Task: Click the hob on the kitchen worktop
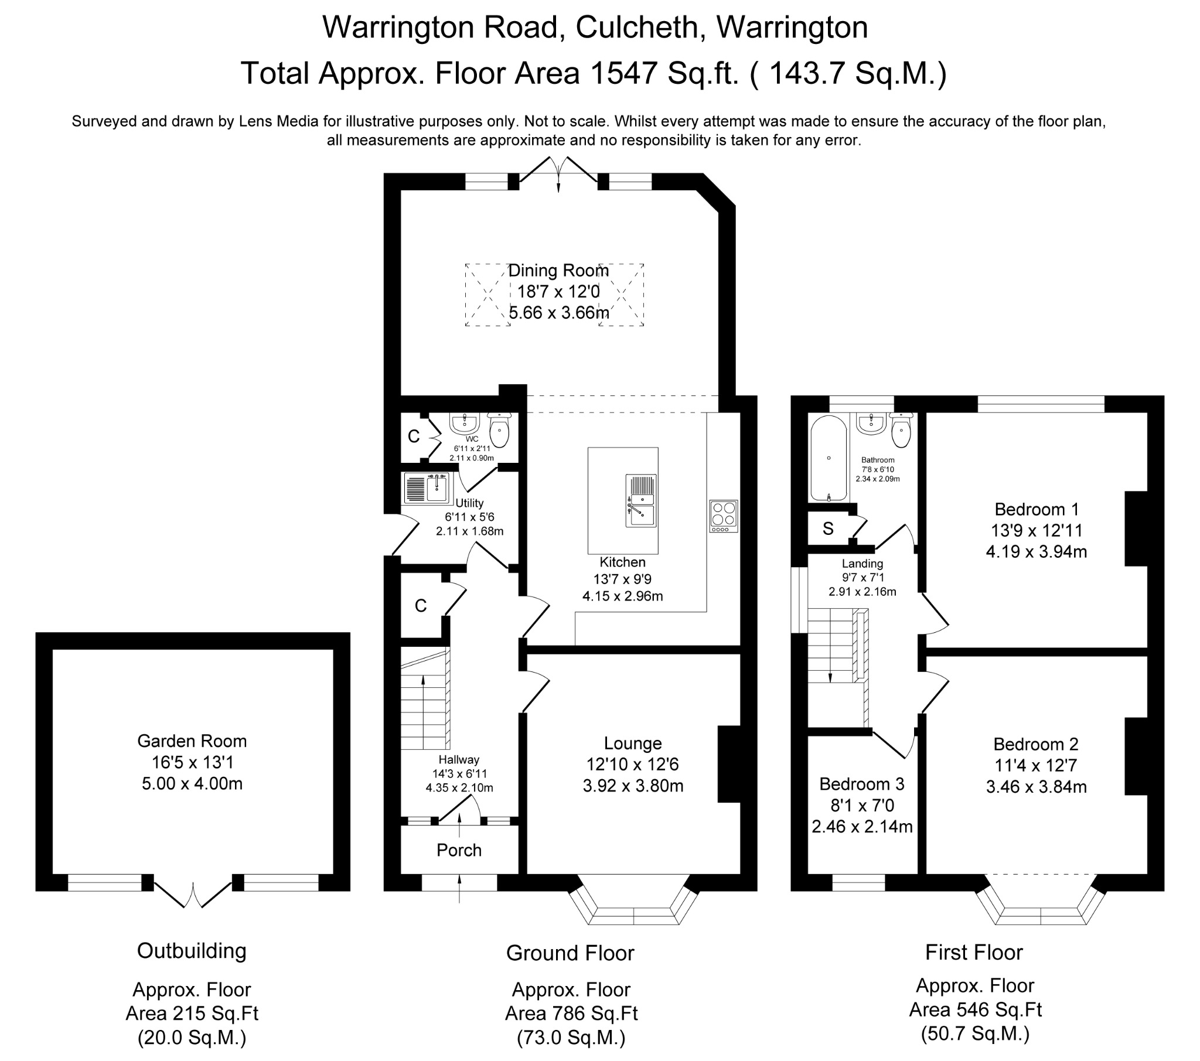point(723,515)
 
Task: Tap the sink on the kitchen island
point(641,501)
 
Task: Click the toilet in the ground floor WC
point(499,432)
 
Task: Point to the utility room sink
point(437,489)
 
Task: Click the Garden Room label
point(192,741)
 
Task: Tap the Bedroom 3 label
point(861,784)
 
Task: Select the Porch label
point(459,850)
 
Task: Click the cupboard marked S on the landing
point(828,529)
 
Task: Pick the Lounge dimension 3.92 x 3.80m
point(633,786)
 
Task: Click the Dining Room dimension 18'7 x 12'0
point(558,291)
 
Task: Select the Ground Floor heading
point(570,953)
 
